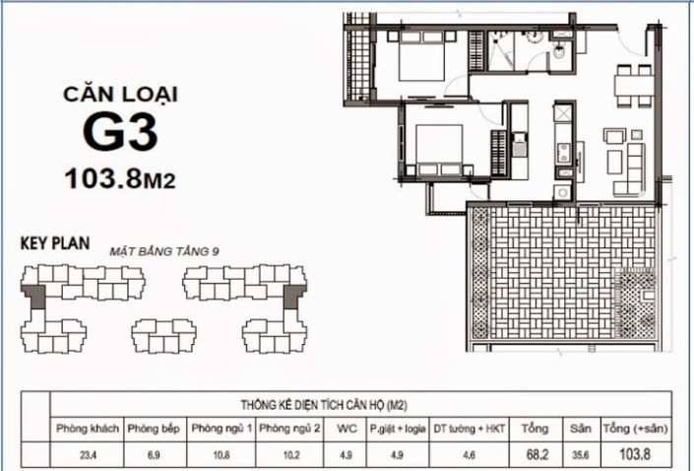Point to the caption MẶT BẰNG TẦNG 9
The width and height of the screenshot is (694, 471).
[x=164, y=251]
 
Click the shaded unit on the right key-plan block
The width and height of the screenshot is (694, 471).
[x=290, y=296]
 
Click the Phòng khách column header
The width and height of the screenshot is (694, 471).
[x=89, y=429]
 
